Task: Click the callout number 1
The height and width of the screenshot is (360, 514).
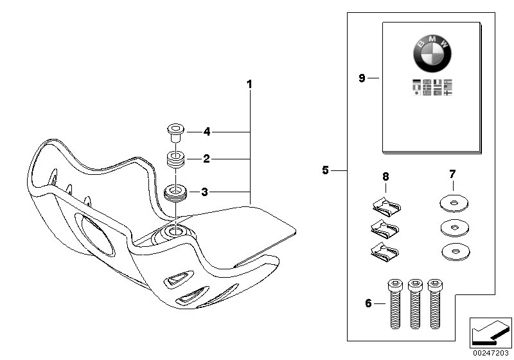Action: tap(249, 84)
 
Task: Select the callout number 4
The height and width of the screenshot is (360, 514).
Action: tap(207, 132)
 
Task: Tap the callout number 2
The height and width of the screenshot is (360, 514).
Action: tap(207, 158)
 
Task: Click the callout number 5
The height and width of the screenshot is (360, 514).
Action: tap(326, 170)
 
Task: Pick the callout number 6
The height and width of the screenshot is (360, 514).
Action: tap(368, 303)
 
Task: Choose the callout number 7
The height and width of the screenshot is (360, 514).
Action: tap(452, 175)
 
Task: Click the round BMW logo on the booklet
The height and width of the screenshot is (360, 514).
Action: tap(432, 53)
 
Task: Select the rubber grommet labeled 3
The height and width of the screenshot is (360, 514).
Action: tap(174, 192)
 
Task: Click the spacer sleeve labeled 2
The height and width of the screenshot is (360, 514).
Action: tap(173, 159)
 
